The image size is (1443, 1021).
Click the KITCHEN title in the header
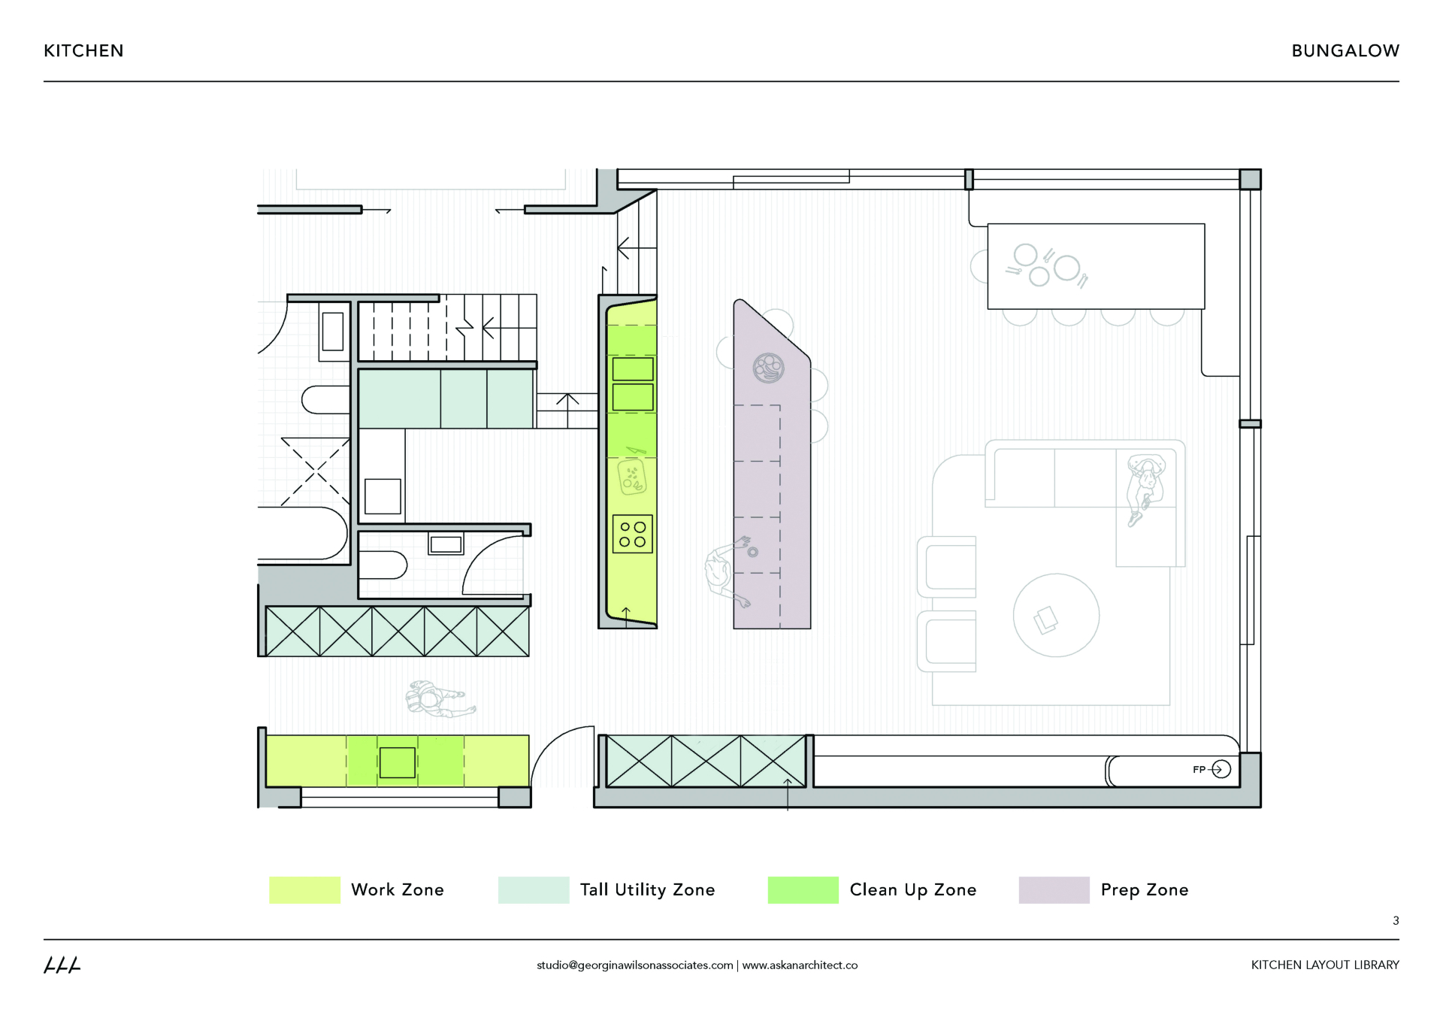click(x=83, y=51)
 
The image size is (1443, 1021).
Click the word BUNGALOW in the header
click(x=1345, y=51)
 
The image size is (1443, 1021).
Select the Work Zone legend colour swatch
click(x=304, y=889)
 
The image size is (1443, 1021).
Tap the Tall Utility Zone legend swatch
click(x=533, y=889)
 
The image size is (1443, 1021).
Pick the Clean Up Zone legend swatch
click(x=803, y=889)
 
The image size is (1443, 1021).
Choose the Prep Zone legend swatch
click(x=1054, y=889)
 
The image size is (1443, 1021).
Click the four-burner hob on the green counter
click(x=632, y=534)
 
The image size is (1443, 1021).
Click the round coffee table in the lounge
click(x=1056, y=615)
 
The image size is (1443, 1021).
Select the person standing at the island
click(x=723, y=571)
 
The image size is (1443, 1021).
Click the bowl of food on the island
click(x=768, y=368)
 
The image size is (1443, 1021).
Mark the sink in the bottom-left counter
click(x=397, y=762)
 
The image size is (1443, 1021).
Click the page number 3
click(x=1396, y=920)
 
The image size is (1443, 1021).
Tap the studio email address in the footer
click(x=634, y=965)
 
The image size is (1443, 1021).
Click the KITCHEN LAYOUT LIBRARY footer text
click(x=1324, y=965)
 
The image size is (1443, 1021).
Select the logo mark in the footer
click(x=62, y=965)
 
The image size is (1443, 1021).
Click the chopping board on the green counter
click(x=632, y=478)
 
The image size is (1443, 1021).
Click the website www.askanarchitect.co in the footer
click(x=800, y=965)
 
